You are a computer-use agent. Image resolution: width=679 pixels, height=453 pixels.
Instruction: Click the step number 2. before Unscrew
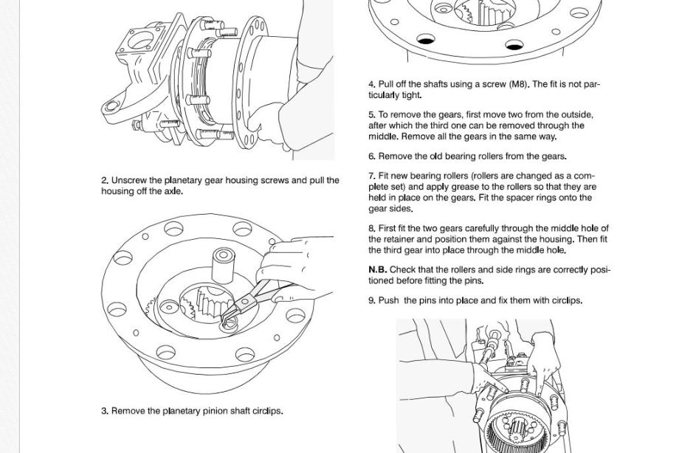click(106, 181)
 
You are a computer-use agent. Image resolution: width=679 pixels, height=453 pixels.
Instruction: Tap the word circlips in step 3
click(268, 411)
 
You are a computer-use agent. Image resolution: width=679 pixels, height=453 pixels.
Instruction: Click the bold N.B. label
click(378, 270)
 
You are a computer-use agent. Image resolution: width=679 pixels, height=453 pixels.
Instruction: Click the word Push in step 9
click(389, 300)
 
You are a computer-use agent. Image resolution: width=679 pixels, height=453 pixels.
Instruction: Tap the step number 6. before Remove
click(373, 156)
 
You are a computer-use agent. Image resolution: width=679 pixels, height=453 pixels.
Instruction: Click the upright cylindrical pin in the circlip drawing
click(223, 266)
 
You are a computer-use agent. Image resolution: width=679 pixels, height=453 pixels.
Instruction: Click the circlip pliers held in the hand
click(248, 300)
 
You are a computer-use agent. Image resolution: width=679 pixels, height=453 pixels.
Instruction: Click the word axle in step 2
click(173, 191)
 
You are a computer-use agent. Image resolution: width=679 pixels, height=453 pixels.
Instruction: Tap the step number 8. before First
click(373, 229)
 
